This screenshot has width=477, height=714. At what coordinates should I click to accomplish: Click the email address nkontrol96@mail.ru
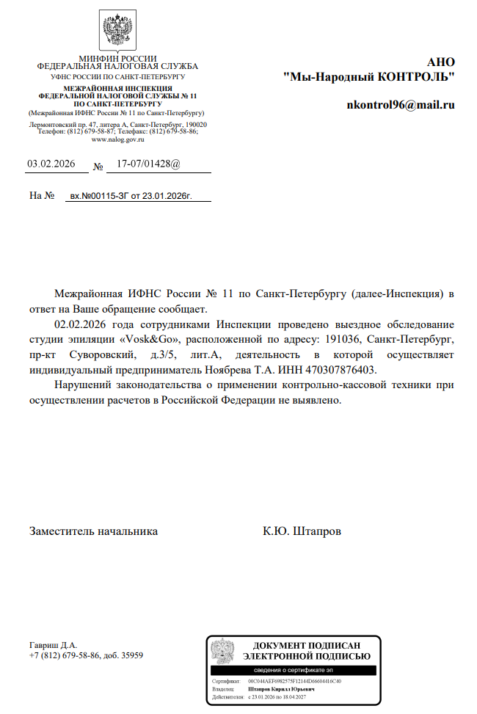coord(401,105)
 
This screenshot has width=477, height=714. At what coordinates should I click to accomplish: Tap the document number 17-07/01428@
coord(143,164)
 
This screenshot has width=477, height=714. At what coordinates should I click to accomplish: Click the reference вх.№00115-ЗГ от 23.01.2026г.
coord(130,197)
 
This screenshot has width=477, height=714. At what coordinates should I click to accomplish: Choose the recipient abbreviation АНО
coord(441,62)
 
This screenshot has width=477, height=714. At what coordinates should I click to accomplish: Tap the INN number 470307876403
coord(341,369)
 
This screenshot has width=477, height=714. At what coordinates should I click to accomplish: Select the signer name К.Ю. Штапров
coord(302,531)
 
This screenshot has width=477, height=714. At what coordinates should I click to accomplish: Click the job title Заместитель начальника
coord(93,531)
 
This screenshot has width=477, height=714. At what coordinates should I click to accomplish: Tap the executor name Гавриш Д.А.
coord(53,644)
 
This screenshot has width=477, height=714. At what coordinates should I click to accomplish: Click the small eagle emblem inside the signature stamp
coord(222,650)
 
